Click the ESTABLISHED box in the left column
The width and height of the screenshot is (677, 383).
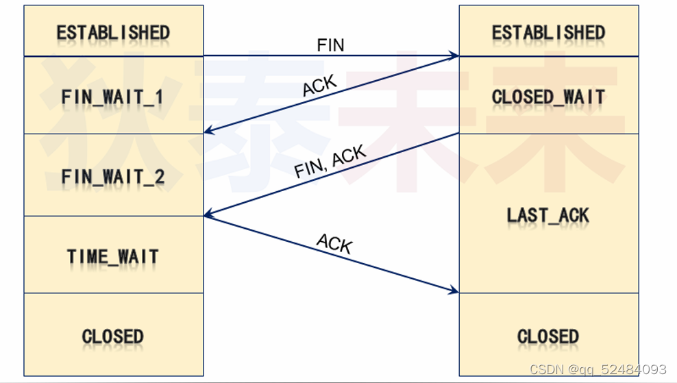[113, 32]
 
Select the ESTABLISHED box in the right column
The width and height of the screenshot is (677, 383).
[548, 32]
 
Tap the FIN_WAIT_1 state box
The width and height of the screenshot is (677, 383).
[113, 96]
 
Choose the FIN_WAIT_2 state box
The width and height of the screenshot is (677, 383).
[113, 175]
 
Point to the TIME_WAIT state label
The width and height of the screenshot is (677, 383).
[113, 256]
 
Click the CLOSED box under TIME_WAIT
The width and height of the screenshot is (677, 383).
[113, 336]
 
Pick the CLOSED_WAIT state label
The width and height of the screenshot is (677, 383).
[548, 97]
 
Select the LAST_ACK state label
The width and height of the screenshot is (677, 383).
[548, 215]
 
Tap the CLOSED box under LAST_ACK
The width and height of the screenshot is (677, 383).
[548, 336]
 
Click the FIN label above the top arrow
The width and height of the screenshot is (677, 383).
[330, 45]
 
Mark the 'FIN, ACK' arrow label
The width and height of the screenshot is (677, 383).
[330, 162]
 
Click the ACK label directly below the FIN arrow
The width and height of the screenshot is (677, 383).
[320, 86]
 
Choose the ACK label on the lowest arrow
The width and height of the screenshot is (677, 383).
[334, 243]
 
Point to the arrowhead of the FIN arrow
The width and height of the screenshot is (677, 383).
[454, 55]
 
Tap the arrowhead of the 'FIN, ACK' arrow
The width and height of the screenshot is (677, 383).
[208, 214]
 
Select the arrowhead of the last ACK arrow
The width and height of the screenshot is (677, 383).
[454, 291]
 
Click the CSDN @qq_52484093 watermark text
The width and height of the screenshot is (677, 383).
[598, 369]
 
